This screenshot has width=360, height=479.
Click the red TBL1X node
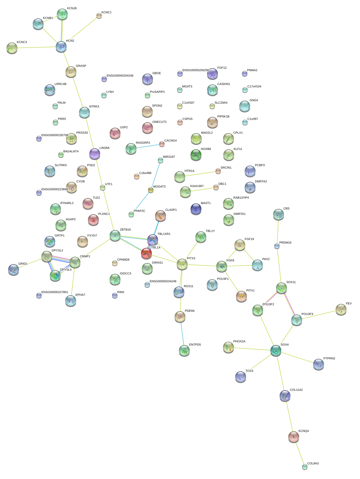point(146,254)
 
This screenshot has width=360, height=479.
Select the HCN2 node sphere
point(61,47)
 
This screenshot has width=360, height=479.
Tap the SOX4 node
point(276,350)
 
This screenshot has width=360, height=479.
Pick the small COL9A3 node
point(305,467)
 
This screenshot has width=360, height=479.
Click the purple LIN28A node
point(95,154)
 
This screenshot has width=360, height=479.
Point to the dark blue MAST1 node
point(196,209)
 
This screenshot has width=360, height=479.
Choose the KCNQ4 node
point(294,437)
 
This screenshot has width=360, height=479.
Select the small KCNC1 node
point(99,16)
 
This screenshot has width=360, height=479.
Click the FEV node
point(341,309)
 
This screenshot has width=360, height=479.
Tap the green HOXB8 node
point(196,155)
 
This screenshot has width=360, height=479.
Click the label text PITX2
point(191,258)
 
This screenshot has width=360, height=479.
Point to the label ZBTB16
point(125,229)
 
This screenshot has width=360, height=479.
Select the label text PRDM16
point(285,242)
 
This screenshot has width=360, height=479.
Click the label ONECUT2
point(159,122)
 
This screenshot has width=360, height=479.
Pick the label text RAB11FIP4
point(241,198)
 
